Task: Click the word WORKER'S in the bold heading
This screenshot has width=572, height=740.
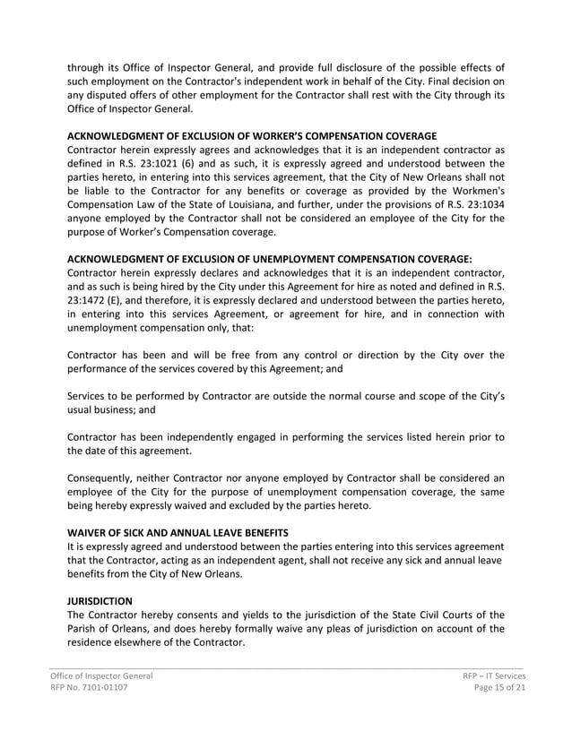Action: coord(273,134)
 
